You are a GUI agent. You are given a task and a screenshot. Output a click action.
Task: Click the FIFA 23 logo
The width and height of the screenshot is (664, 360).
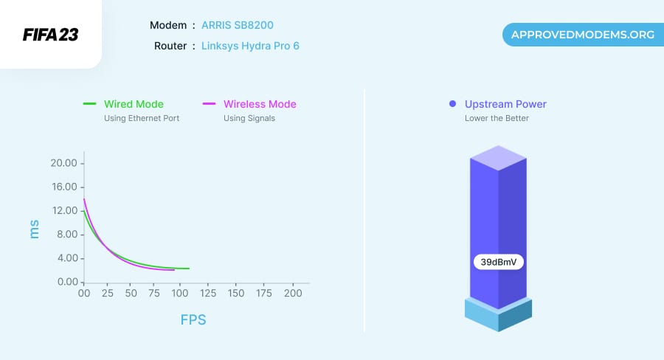click(50, 35)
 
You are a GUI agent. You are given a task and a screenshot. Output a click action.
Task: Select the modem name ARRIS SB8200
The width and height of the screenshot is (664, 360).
click(237, 25)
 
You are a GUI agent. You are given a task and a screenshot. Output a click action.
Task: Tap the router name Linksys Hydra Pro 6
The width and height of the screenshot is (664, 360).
click(250, 46)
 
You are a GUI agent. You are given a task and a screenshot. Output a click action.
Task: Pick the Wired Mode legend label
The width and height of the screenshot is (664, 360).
click(134, 104)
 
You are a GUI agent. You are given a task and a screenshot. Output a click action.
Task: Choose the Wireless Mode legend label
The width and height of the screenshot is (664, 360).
click(260, 104)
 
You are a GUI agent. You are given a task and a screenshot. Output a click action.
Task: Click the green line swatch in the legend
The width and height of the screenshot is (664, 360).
click(90, 104)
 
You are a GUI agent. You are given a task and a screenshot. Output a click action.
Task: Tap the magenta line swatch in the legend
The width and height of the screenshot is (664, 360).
click(209, 104)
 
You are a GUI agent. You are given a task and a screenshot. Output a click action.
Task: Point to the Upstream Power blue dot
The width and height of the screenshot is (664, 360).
click(452, 104)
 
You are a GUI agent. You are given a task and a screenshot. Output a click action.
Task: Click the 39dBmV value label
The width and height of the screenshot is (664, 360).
click(499, 262)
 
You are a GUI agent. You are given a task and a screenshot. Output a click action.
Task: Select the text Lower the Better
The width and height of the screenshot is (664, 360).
click(497, 118)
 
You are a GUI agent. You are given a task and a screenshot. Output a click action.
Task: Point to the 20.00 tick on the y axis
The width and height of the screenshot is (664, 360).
click(63, 163)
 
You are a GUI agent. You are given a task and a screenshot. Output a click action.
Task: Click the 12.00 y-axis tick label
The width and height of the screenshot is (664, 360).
click(63, 210)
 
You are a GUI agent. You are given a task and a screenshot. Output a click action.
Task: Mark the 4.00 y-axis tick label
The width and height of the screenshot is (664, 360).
click(65, 258)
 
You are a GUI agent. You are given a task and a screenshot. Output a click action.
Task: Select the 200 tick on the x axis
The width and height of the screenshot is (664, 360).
click(293, 294)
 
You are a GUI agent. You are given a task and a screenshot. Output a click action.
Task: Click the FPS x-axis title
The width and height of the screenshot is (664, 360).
click(193, 320)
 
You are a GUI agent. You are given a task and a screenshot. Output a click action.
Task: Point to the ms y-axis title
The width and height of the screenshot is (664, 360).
click(34, 229)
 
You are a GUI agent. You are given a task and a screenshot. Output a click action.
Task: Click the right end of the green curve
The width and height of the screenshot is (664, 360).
click(188, 269)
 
